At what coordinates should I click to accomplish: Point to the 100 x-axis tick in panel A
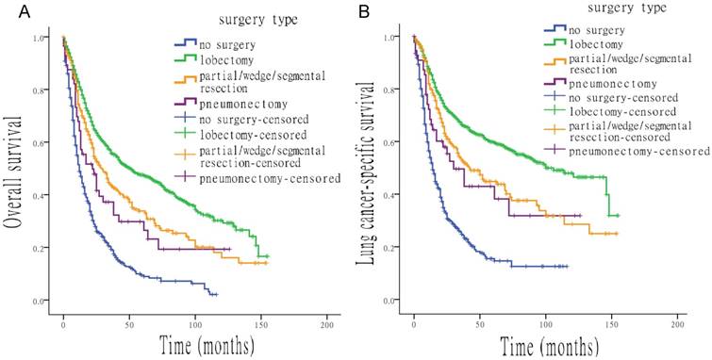[x=195, y=324]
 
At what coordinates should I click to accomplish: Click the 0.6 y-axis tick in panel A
[x=39, y=143]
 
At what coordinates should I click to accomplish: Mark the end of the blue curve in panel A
[x=216, y=295]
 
